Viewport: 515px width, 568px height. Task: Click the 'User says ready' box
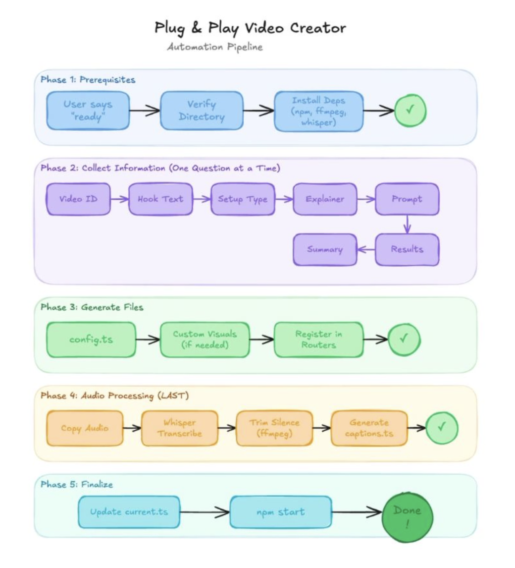coord(88,110)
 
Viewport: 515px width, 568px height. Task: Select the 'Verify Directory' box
coord(202,111)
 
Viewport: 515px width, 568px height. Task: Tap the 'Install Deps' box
coord(319,111)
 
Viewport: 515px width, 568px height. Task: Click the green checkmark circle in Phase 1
coord(410,110)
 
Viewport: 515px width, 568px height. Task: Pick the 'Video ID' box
coord(78,199)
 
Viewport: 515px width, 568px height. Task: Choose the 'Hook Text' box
coord(160,199)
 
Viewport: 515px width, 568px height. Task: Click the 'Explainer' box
coord(324,199)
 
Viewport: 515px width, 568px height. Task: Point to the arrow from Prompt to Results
coord(407,224)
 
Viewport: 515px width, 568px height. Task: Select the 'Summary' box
coord(324,249)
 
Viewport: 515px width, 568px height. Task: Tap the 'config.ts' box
coord(91,340)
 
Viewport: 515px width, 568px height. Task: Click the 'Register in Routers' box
coord(318,340)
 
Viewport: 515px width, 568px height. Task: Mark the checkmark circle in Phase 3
coord(404,340)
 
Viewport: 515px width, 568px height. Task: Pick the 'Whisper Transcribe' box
coord(179,427)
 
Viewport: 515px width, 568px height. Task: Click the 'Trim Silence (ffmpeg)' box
coord(274,427)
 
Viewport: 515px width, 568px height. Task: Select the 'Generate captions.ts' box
coord(369,427)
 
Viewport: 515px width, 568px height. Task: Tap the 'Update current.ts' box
coord(128,511)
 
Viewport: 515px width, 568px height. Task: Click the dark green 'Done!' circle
coord(407,516)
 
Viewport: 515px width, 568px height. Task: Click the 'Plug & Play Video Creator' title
coord(250,28)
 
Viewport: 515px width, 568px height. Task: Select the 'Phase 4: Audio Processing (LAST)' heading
coord(114,396)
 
